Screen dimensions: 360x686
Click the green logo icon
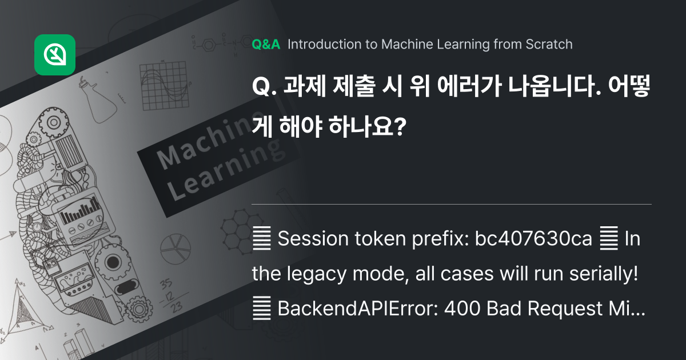(x=55, y=55)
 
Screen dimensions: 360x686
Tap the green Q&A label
(x=266, y=45)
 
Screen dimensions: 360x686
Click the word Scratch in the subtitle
(x=548, y=45)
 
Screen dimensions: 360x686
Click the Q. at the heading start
(x=264, y=89)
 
